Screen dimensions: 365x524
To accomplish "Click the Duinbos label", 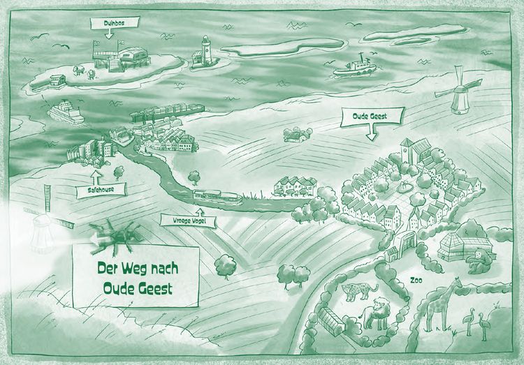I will click(x=115, y=22).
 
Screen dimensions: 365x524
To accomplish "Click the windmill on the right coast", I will click(x=458, y=91).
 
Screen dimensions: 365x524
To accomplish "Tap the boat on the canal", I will click(x=218, y=197).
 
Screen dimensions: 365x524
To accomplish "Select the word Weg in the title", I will click(x=132, y=268).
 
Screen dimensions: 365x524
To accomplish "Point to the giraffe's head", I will click(x=458, y=283).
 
